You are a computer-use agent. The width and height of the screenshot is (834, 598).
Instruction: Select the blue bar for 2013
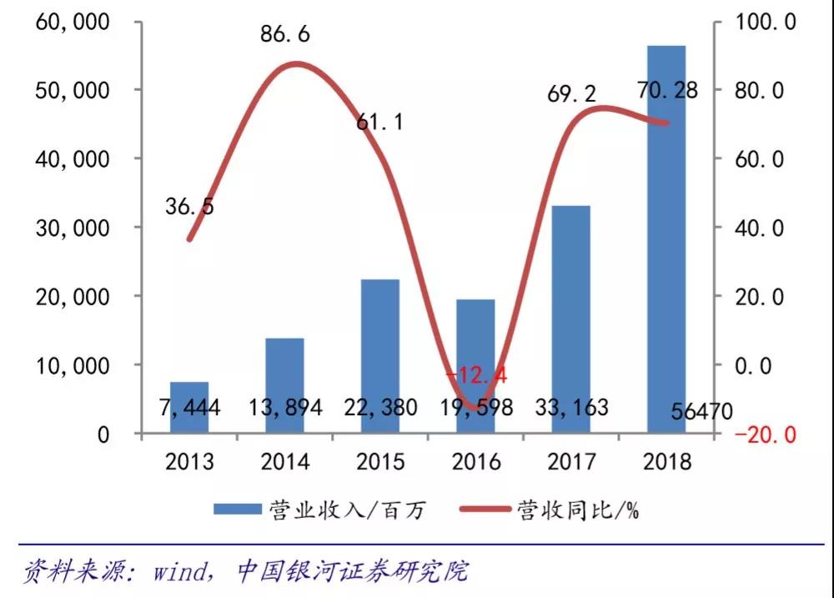click(x=189, y=407)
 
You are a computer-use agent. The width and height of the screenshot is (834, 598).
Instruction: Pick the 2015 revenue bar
click(x=379, y=355)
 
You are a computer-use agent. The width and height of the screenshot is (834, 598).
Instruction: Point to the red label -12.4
click(x=475, y=376)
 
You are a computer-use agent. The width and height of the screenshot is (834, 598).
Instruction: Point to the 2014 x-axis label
click(x=284, y=461)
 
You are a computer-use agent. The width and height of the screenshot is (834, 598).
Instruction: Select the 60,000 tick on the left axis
click(x=73, y=22)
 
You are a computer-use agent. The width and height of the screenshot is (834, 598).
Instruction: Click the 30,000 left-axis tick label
click(x=73, y=228)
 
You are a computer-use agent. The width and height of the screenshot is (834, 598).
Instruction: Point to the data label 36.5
click(x=189, y=206)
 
